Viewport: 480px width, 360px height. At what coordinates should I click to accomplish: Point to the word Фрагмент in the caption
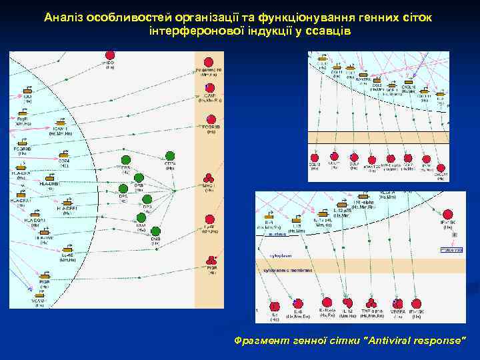tap(260, 340)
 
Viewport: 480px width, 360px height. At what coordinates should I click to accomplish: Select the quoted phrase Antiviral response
tap(413, 340)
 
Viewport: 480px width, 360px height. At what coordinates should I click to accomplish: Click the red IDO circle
tap(110, 55)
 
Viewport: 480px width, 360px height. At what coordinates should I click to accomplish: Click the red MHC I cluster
tap(209, 178)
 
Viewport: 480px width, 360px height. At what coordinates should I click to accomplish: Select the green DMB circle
tap(155, 231)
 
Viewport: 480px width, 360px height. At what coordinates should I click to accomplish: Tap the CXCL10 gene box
tap(408, 81)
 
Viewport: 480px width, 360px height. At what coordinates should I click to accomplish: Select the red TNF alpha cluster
tap(371, 303)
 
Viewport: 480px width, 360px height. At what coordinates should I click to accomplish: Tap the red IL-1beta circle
tap(327, 303)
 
